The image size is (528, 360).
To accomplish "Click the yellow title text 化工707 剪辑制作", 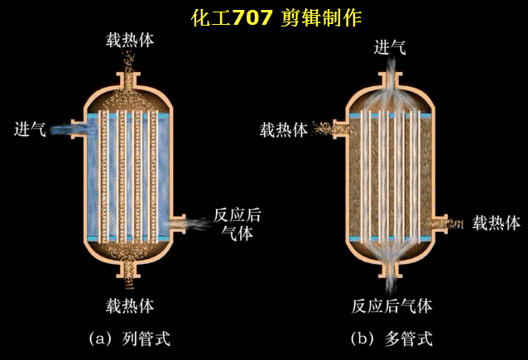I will click(276, 18).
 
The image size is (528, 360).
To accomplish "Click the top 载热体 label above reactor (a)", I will click(128, 41).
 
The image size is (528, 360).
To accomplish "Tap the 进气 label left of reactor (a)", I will click(30, 129).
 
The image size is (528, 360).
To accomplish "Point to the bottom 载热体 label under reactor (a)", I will click(128, 305).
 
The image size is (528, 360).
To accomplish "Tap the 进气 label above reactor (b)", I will click(391, 47).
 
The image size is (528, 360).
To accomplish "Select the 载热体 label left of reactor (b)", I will click(284, 130).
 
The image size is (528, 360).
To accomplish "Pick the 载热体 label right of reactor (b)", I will click(496, 223).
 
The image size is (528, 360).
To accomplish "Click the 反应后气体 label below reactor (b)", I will click(391, 305).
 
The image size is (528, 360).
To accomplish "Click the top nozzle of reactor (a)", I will click(129, 80).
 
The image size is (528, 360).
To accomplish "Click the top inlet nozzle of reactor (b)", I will click(391, 80).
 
